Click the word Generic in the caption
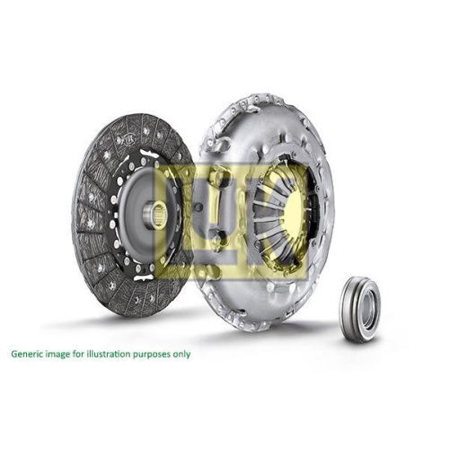coord(25,355)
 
